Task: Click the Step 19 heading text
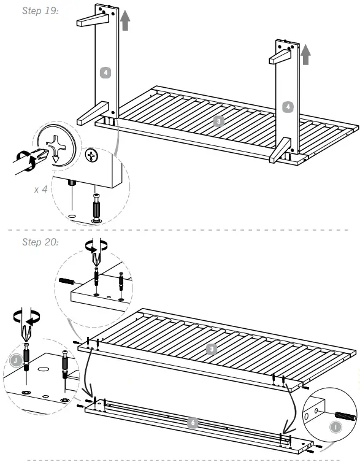pyautogui.click(x=40, y=11)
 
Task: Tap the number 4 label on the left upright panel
pyautogui.click(x=105, y=72)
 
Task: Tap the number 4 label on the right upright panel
pyautogui.click(x=288, y=107)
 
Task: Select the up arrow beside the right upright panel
pyautogui.click(x=305, y=60)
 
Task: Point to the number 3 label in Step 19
pyautogui.click(x=218, y=121)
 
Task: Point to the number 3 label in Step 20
pyautogui.click(x=211, y=350)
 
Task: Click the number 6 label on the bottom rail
pyautogui.click(x=193, y=423)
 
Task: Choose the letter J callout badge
pyautogui.click(x=15, y=360)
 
